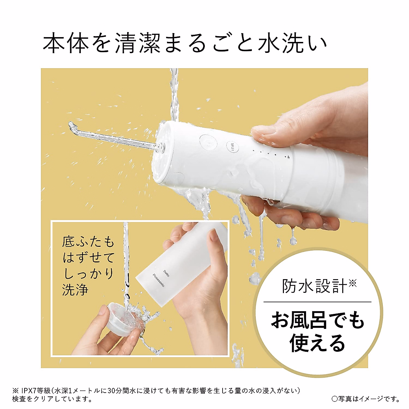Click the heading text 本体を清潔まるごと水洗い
click(x=184, y=43)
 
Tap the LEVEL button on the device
click(x=233, y=148)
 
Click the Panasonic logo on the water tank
click(x=158, y=280)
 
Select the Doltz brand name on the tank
click(x=166, y=273)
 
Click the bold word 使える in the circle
click(x=317, y=343)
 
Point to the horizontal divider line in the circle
click(x=317, y=302)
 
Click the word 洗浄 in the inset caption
click(x=75, y=290)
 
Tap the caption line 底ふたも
click(x=88, y=242)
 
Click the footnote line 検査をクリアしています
click(x=52, y=398)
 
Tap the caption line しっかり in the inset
click(x=88, y=274)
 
